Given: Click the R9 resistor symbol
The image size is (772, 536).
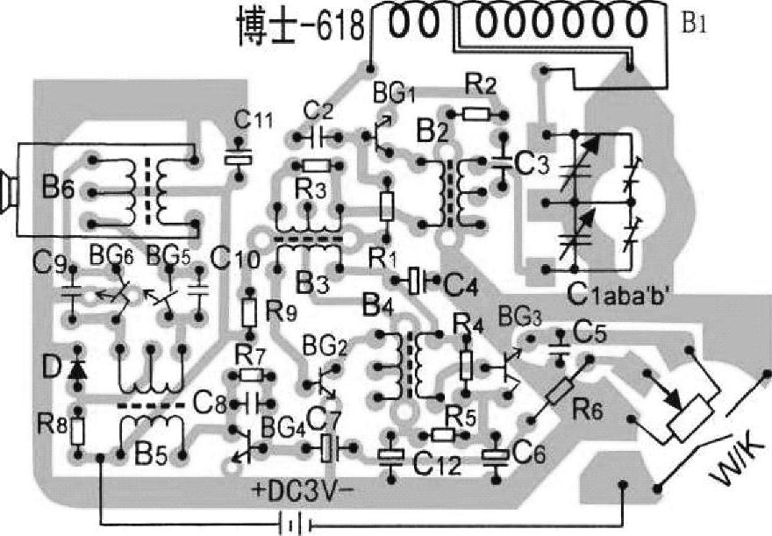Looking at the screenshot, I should point(250,311).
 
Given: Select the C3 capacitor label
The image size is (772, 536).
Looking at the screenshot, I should point(530,163).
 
